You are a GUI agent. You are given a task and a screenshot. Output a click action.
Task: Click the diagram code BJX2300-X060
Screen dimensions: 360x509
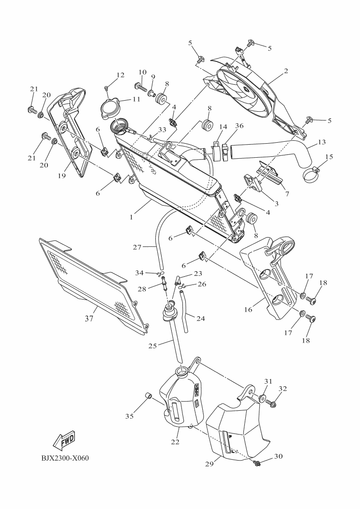[x=65, y=458]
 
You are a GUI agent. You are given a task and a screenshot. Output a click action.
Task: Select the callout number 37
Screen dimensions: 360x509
[x=89, y=319]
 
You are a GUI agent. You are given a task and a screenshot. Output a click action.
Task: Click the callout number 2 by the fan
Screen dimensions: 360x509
[x=286, y=71]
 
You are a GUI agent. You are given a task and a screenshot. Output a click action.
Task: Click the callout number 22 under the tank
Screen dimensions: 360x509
[x=175, y=442]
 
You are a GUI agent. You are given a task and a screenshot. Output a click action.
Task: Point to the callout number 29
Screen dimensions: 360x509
[x=210, y=464]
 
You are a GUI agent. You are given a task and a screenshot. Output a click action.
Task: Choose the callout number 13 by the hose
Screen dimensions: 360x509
[x=322, y=142]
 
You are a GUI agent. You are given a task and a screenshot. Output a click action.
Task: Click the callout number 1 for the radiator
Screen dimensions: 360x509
[x=131, y=217]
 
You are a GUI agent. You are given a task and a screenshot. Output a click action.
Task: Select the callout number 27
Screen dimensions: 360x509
[x=137, y=247]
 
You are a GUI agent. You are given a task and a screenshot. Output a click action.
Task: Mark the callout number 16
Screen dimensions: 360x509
[x=248, y=310]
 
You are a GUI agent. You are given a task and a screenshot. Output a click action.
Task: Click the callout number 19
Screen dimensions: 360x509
[x=62, y=176]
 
